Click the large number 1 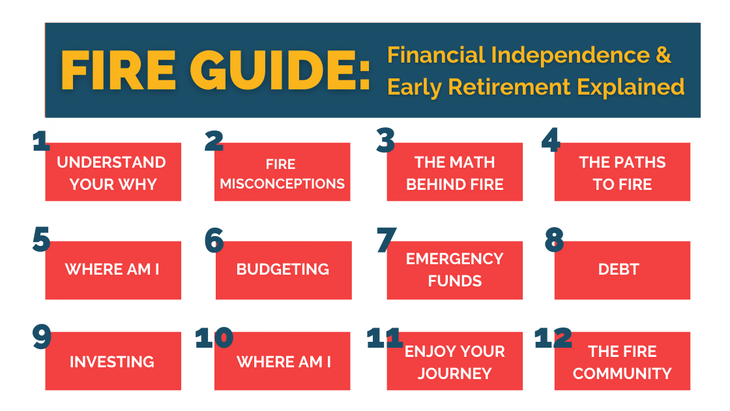click(x=40, y=140)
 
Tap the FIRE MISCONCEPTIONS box click(x=282, y=173)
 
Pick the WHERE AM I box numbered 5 click(x=113, y=270)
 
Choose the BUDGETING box click(x=283, y=270)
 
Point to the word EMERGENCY click(x=454, y=258)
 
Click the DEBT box click(x=622, y=270)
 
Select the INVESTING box click(x=113, y=361)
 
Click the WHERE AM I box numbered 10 click(x=282, y=361)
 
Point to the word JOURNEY click(x=454, y=374)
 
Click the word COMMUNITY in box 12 click(x=622, y=374)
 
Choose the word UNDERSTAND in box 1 click(x=111, y=162)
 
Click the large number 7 click(x=387, y=240)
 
